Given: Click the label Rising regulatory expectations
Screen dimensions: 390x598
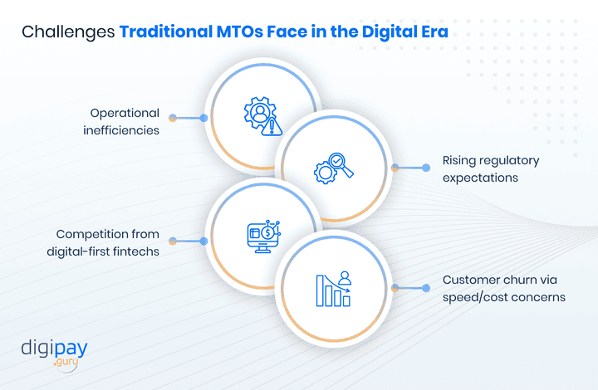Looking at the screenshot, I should click(x=491, y=168).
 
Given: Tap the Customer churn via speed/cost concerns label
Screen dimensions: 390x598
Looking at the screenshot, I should click(x=504, y=288).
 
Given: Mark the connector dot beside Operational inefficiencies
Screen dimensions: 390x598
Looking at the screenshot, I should click(x=173, y=118).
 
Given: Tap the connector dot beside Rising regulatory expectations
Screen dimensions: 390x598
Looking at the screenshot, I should click(x=395, y=168).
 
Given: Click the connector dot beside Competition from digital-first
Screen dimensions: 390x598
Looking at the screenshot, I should click(x=173, y=241).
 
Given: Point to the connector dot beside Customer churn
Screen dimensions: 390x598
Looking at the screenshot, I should click(x=395, y=288).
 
